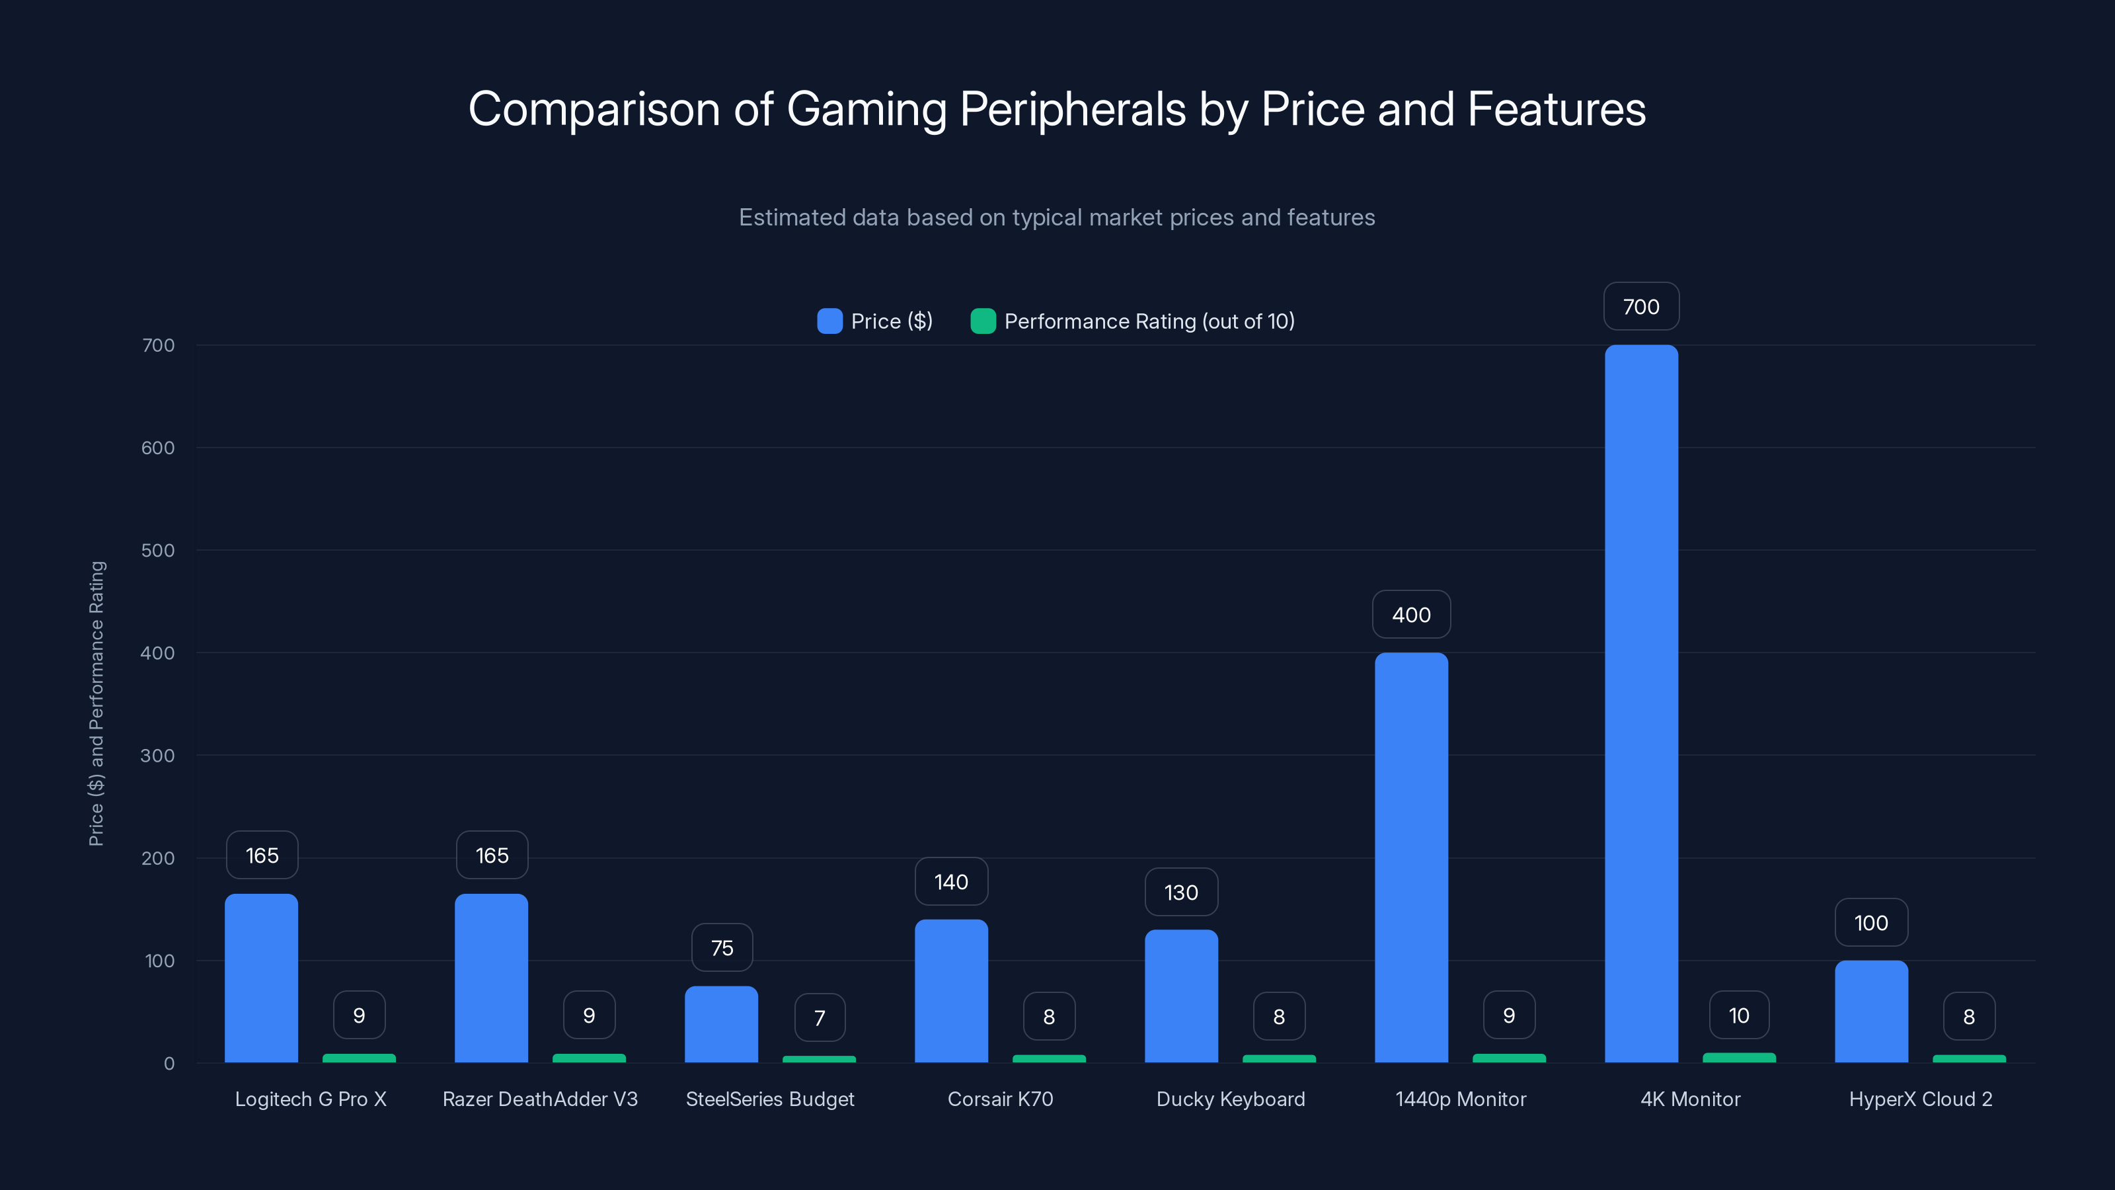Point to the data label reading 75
click(x=722, y=948)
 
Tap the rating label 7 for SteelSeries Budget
click(x=820, y=1017)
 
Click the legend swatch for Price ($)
click(x=829, y=321)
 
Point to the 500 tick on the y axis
click(x=158, y=550)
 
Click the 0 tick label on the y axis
click(x=169, y=1064)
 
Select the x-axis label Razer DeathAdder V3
click(x=539, y=1099)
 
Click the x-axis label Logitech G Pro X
click(x=311, y=1099)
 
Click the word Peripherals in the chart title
click(x=1072, y=109)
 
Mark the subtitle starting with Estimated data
click(x=1057, y=217)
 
